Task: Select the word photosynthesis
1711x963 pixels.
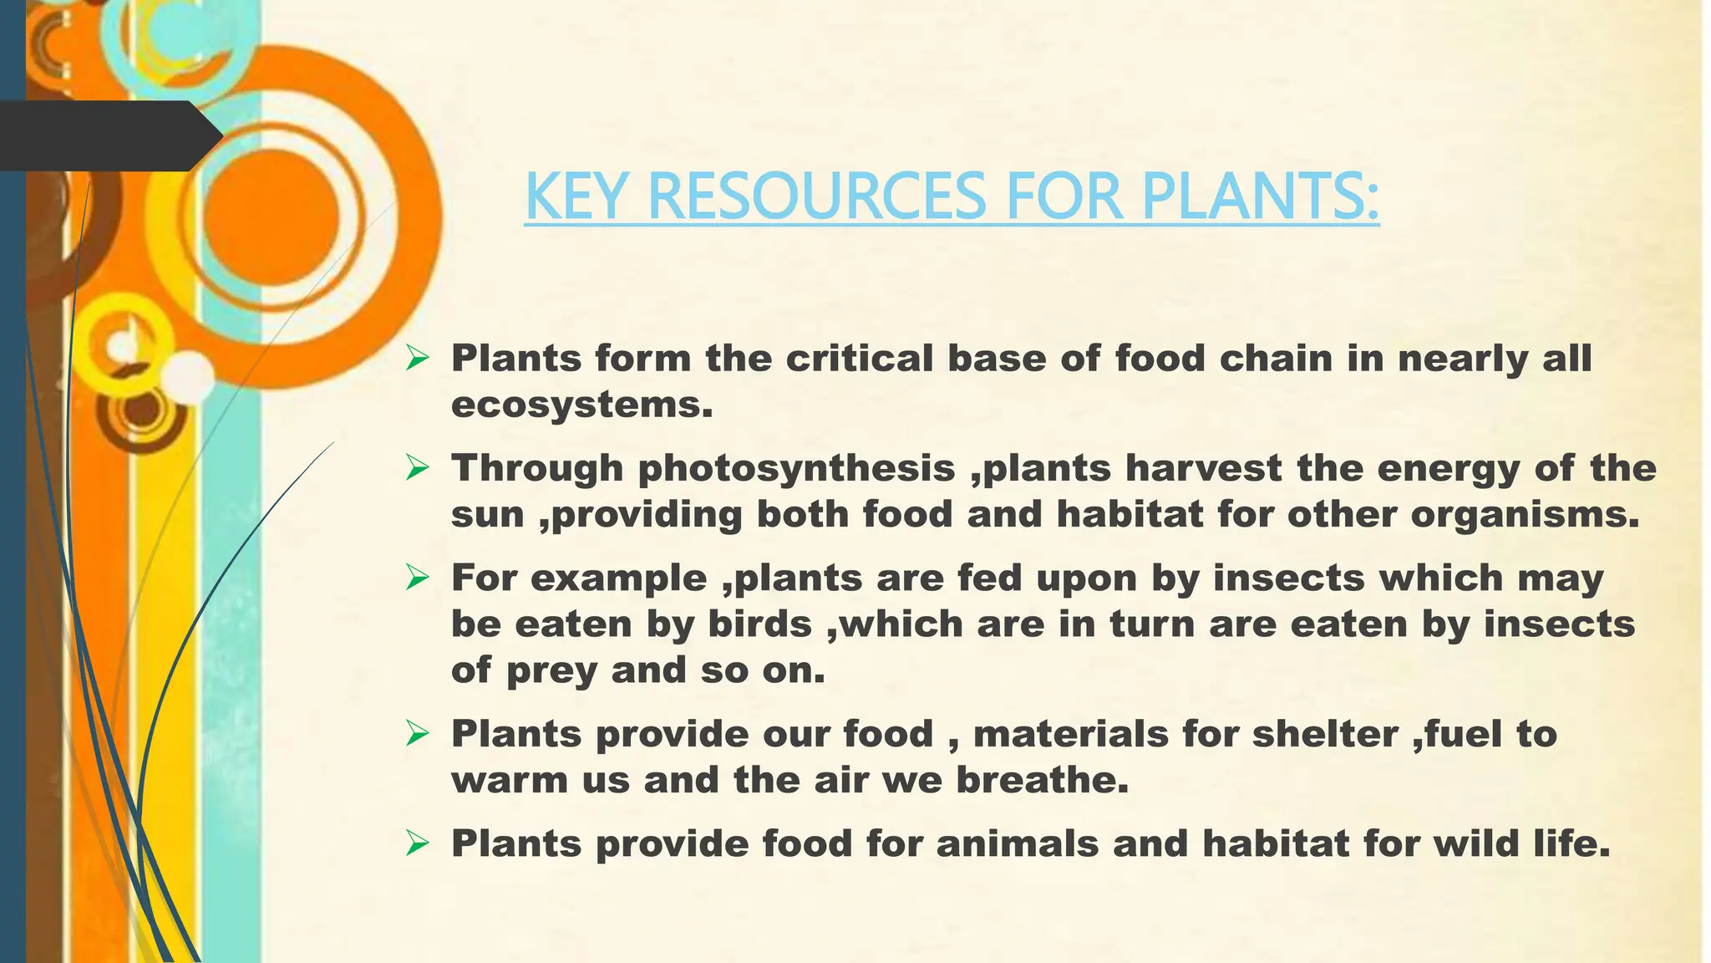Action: [x=796, y=468]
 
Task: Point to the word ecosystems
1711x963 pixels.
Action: [x=582, y=405]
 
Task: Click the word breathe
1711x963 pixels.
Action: [x=1042, y=781]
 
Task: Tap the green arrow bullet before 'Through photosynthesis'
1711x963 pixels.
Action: [x=417, y=468]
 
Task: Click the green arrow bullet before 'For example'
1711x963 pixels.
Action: [x=417, y=578]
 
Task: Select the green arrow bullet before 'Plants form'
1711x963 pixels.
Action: [x=417, y=359]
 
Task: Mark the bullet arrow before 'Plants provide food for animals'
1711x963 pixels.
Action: [x=417, y=843]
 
